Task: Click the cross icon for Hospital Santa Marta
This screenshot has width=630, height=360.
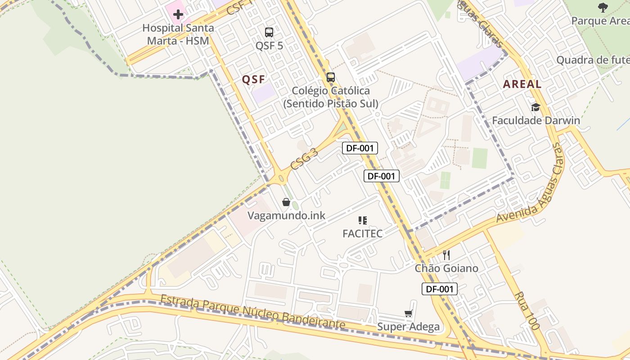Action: (178, 14)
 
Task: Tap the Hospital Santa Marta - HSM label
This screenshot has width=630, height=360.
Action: (178, 34)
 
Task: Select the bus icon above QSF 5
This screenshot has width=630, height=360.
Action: (269, 32)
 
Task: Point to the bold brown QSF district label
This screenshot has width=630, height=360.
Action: (253, 80)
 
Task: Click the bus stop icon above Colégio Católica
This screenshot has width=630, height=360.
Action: (331, 77)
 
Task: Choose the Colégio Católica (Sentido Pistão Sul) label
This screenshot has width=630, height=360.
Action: (331, 97)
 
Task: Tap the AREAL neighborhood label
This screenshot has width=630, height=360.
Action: (522, 84)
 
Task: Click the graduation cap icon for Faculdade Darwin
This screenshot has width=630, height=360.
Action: (535, 107)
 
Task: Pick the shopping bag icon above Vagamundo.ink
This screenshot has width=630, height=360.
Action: (286, 202)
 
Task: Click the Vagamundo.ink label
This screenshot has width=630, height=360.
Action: (286, 216)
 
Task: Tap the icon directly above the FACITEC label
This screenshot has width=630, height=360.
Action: (363, 220)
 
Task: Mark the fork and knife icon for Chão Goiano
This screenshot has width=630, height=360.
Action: (446, 255)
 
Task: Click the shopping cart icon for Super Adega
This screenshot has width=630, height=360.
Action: (409, 313)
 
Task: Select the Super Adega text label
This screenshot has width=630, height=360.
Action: (408, 327)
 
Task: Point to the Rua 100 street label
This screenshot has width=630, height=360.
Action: (526, 311)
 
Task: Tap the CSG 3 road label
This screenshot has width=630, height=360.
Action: (304, 159)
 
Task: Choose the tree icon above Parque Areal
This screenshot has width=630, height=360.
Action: (603, 7)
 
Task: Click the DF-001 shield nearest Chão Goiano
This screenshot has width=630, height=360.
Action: (439, 289)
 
